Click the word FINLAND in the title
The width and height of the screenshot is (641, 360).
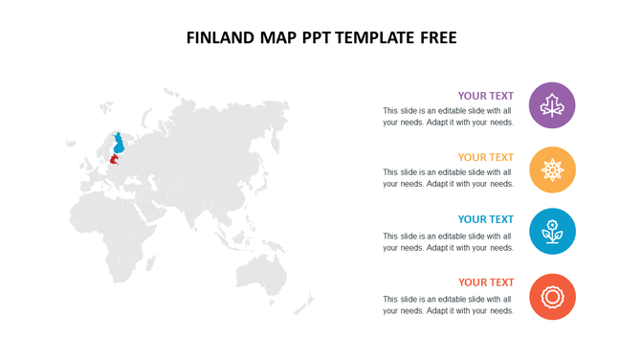[x=221, y=38]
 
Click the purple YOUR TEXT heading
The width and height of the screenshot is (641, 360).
[x=485, y=96]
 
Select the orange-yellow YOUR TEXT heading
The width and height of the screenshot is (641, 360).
[x=485, y=157]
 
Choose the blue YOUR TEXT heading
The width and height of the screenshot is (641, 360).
[x=485, y=219]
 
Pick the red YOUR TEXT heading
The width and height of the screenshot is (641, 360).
[x=485, y=282]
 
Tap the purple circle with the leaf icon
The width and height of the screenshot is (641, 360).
[x=552, y=105]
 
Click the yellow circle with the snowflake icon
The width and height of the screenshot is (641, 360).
[x=552, y=169]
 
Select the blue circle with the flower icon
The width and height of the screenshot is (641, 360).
[x=552, y=232]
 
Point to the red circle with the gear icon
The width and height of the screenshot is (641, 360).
[x=552, y=296]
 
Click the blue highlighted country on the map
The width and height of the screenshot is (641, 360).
[x=120, y=145]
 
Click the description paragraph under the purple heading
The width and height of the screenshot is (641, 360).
[x=448, y=117]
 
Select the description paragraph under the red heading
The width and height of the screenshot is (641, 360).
[x=448, y=304]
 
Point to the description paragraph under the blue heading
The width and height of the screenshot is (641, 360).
[x=448, y=241]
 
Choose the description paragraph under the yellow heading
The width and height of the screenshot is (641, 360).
[x=448, y=178]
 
